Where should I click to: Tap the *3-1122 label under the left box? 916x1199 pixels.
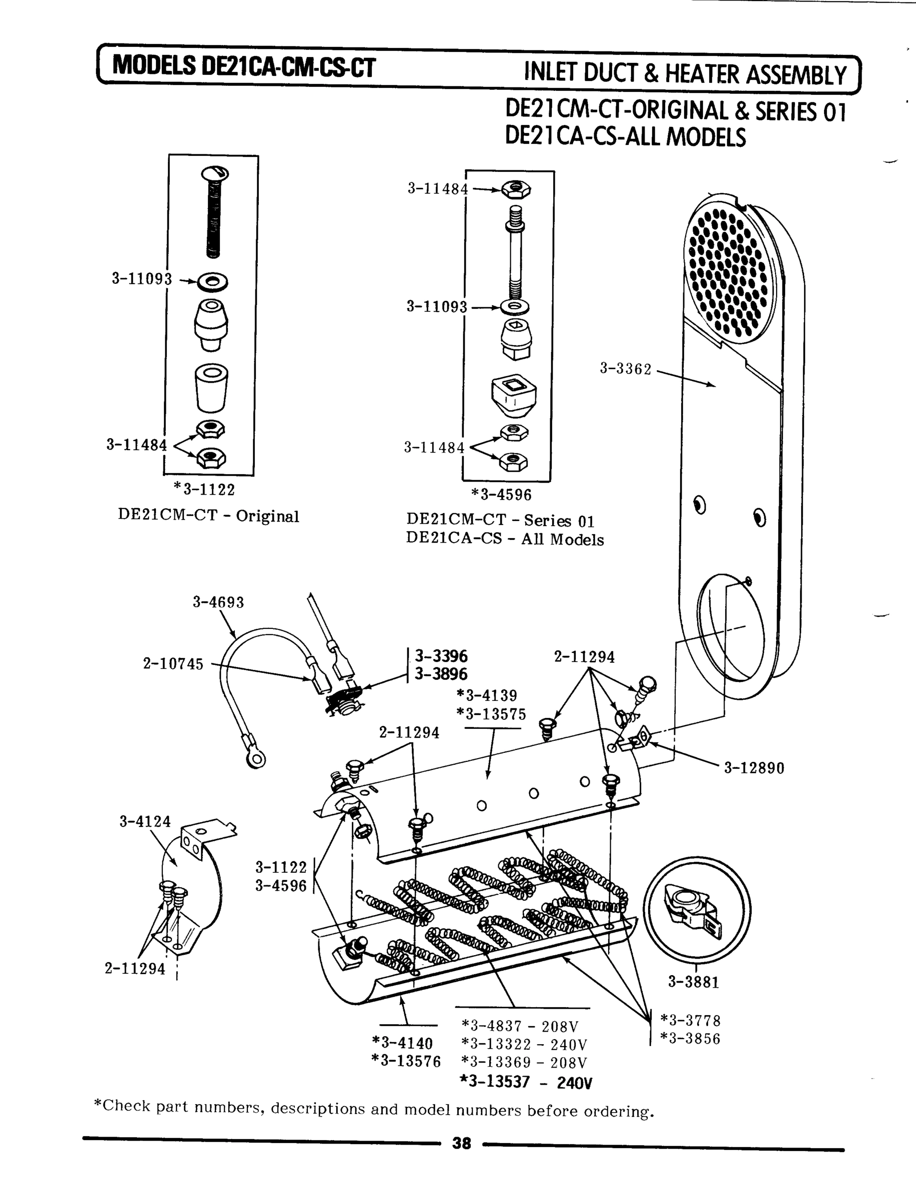pyautogui.click(x=204, y=490)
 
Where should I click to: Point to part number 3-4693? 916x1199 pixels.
pyautogui.click(x=218, y=602)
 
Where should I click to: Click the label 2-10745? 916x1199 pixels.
pyautogui.click(x=173, y=664)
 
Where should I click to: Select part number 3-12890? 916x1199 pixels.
pyautogui.click(x=754, y=768)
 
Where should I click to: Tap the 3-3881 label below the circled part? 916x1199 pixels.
pyautogui.click(x=694, y=982)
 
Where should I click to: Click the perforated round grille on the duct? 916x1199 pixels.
pyautogui.click(x=728, y=271)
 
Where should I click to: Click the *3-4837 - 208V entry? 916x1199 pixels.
pyautogui.click(x=519, y=1027)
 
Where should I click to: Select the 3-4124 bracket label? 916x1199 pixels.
pyautogui.click(x=145, y=821)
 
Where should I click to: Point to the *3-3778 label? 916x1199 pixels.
pyautogui.click(x=690, y=1020)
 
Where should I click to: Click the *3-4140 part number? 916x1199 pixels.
pyautogui.click(x=402, y=1043)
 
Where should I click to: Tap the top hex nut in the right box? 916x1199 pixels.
pyautogui.click(x=515, y=190)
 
